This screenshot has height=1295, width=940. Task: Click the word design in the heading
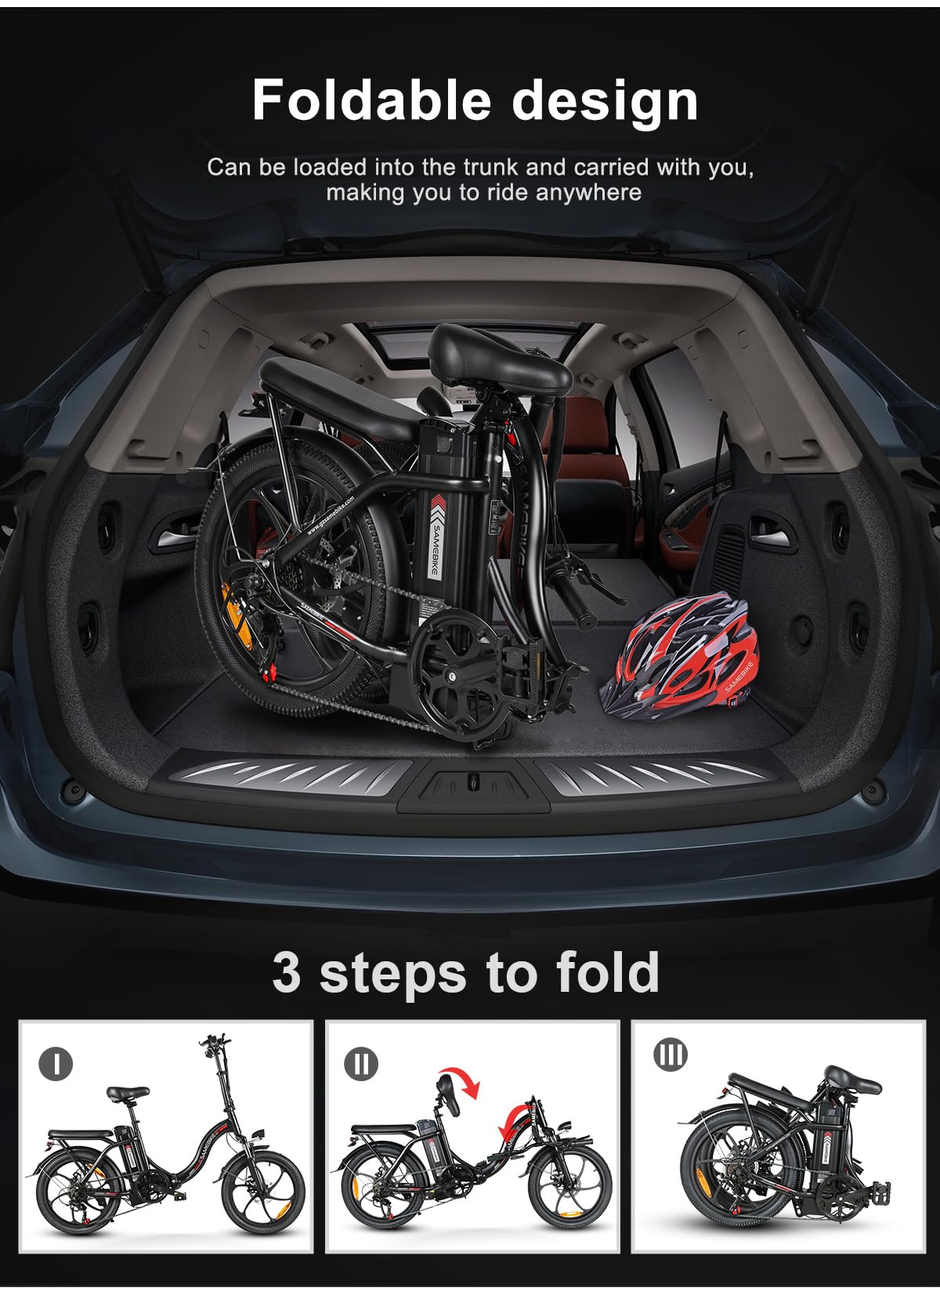604,102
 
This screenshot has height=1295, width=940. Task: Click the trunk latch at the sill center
470,781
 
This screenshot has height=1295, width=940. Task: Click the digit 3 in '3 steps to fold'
287,972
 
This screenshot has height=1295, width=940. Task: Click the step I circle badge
56,1063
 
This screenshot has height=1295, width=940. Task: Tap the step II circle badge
360,1063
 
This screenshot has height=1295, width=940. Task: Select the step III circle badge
671,1054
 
